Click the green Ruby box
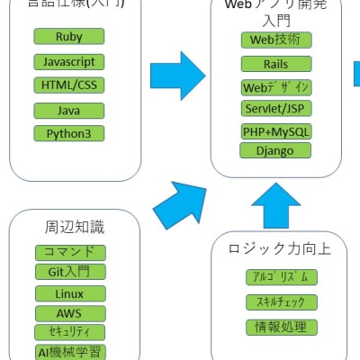68,37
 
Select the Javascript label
68,62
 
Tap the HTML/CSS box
68,85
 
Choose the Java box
68,110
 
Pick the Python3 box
68,133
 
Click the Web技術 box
276,40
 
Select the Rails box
276,65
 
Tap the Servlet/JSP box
276,109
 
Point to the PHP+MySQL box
276,132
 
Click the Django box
276,150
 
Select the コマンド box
70,253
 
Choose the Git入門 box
70,272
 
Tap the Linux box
70,294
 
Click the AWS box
70,313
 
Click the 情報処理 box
282,327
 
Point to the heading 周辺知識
70,228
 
